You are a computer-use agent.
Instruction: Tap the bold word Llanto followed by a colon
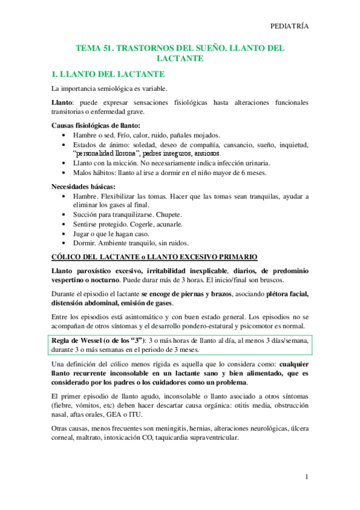(62, 103)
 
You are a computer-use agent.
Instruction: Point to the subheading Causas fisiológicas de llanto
(96, 125)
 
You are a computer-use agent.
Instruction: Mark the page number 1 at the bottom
(307, 478)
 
